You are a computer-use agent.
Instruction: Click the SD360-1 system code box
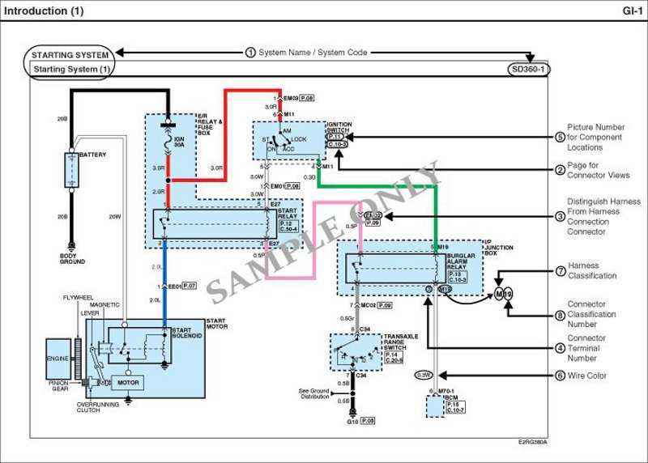529,70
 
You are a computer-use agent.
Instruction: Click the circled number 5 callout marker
560,137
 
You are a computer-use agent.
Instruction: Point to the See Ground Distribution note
313,395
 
